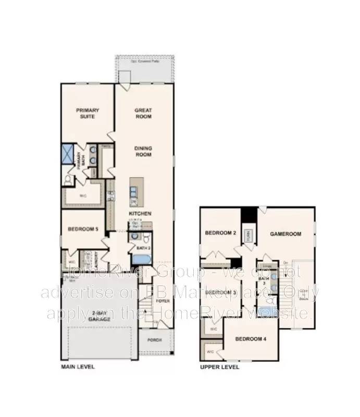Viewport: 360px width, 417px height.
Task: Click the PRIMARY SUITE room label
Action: coord(88,113)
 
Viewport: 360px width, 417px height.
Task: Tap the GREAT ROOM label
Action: coord(143,113)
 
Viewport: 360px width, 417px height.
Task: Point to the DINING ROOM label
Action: coord(143,151)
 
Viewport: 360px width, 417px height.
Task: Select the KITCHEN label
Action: coord(140,214)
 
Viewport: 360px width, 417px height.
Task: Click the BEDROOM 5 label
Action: coord(83,229)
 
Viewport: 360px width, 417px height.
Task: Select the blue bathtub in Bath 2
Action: coord(141,259)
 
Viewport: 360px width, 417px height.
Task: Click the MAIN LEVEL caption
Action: coord(78,367)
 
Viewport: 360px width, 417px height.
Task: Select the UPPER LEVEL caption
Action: coord(220,367)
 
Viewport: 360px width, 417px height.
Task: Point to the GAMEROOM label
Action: coord(285,234)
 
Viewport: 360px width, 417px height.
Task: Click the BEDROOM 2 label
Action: coord(222,233)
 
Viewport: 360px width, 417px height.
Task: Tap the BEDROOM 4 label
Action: coord(251,339)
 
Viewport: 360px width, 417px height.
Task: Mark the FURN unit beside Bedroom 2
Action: coord(249,236)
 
